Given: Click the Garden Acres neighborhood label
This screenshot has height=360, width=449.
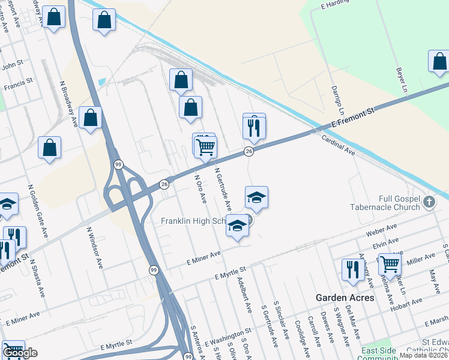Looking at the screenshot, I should [345, 298].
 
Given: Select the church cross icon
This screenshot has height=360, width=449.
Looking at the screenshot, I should [429, 202].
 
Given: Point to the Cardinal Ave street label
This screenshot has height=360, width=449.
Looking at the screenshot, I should [339, 145].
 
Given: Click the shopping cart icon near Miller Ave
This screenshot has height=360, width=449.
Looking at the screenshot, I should [390, 263].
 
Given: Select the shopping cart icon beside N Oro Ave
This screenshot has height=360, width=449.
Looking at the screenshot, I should [206, 145].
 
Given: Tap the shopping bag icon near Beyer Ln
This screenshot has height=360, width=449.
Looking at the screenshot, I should [439, 61].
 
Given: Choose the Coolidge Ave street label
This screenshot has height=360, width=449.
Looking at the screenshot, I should [298, 330].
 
